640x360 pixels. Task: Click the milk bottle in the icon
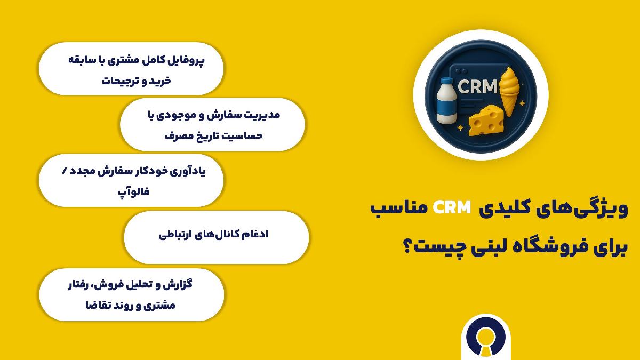click(x=447, y=101)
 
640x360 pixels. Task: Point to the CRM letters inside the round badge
click(x=478, y=86)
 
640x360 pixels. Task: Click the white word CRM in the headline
click(x=452, y=207)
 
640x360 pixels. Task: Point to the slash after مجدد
click(x=65, y=171)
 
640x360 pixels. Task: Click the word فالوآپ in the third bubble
click(x=134, y=191)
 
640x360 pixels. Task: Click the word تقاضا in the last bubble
click(x=97, y=305)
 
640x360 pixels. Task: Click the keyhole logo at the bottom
click(x=486, y=339)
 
